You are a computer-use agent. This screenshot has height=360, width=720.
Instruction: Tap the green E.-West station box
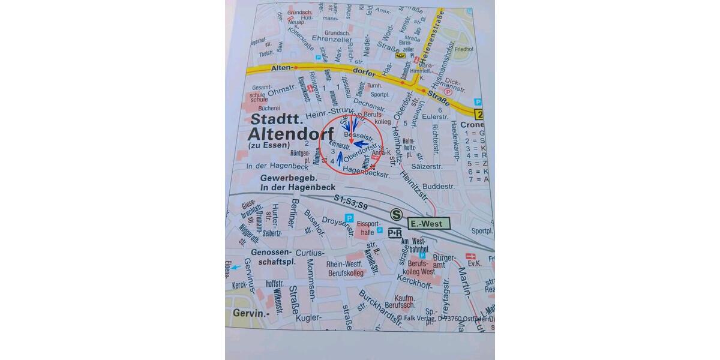point(428,224)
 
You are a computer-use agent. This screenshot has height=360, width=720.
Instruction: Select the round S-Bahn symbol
point(396,214)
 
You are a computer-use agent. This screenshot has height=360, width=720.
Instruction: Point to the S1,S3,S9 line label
point(351,202)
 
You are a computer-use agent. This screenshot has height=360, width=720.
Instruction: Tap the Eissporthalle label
point(365,229)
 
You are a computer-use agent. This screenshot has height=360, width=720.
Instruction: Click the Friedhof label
point(464,50)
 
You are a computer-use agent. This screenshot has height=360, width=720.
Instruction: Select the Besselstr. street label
point(355,136)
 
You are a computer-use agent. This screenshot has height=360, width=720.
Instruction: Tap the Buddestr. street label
point(439,187)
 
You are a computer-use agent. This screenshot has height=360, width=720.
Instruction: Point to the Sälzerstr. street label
point(426,166)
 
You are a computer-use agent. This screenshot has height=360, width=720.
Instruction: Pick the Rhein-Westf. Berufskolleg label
point(346,268)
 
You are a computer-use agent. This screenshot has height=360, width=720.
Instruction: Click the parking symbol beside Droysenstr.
point(349,218)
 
